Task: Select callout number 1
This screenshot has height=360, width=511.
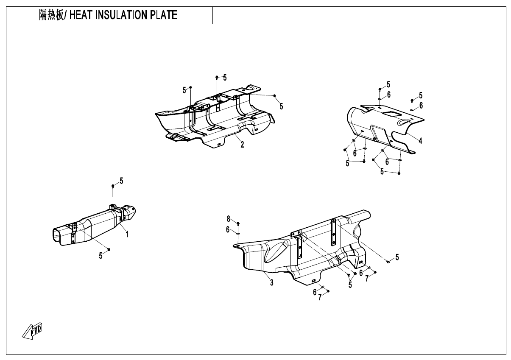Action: pyautogui.click(x=126, y=234)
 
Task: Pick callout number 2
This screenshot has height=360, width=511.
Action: pyautogui.click(x=242, y=145)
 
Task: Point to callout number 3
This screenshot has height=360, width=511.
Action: pyautogui.click(x=271, y=283)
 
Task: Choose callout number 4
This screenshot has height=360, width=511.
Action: pyautogui.click(x=420, y=141)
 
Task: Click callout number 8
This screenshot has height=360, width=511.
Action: pyautogui.click(x=228, y=219)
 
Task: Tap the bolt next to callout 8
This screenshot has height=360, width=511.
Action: pyautogui.click(x=238, y=223)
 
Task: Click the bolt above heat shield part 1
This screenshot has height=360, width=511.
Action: pyautogui.click(x=113, y=186)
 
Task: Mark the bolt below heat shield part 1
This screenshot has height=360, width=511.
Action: pyautogui.click(x=109, y=250)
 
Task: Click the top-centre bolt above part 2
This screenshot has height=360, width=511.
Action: pyautogui.click(x=217, y=77)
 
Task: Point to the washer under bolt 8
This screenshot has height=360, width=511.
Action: pyautogui.click(x=238, y=232)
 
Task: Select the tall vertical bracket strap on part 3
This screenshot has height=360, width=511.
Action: pyautogui.click(x=334, y=232)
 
